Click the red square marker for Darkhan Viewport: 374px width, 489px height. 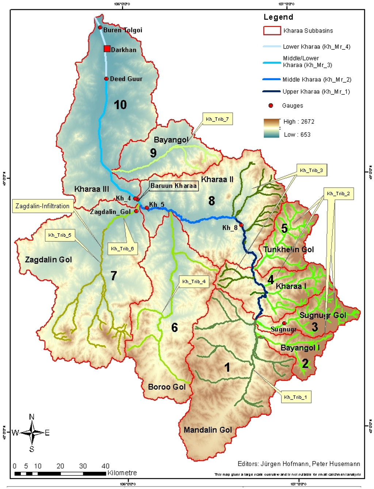click(107, 49)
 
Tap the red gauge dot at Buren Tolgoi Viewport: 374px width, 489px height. click(100, 27)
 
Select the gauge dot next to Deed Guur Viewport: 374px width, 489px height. click(106, 79)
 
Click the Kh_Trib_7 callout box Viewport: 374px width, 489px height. click(217, 119)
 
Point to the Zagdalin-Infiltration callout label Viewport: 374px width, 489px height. click(42, 206)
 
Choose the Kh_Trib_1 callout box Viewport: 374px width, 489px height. click(295, 397)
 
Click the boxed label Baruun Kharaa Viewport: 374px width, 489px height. click(173, 186)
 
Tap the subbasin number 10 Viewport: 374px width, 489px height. click(120, 105)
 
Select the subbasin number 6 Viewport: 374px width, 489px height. click(175, 327)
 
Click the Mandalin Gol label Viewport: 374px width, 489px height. click(207, 430)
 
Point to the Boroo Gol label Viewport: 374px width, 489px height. click(167, 387)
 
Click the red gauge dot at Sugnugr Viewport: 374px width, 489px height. click(284, 323)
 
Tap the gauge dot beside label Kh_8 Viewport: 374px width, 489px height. click(241, 225)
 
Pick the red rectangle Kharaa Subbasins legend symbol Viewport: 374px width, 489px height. click(272, 31)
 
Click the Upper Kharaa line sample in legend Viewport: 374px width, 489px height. click(271, 91)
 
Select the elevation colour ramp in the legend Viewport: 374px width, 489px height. click(271, 128)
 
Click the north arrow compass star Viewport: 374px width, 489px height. click(32, 433)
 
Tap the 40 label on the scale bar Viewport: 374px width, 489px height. click(105, 466)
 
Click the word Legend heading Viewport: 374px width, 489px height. click(278, 17)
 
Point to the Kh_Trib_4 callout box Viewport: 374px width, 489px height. click(194, 281)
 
